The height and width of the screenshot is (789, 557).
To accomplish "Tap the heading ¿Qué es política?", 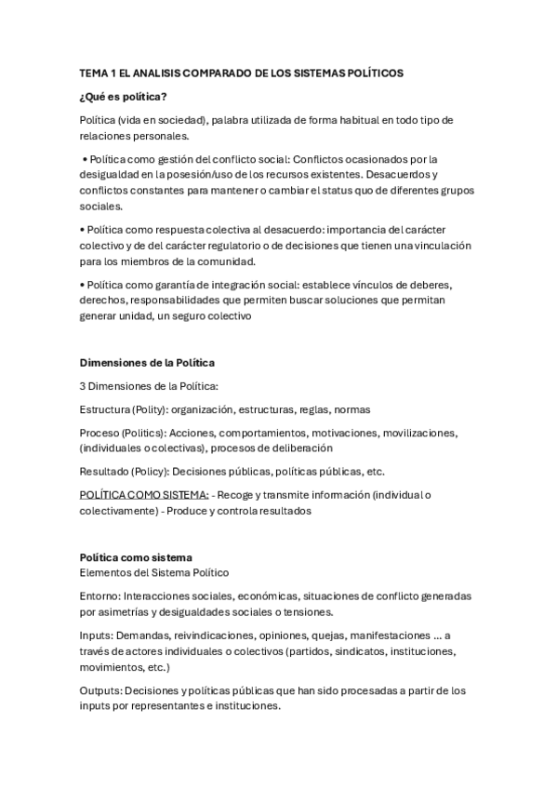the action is (123, 96).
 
